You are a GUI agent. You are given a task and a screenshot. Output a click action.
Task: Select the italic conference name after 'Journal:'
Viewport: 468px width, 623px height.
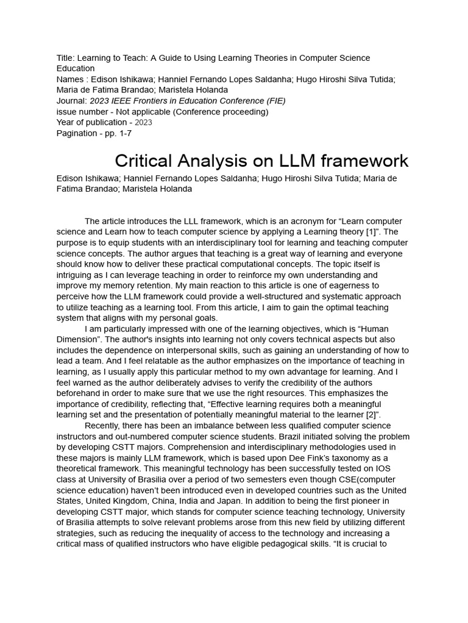click(188, 100)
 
